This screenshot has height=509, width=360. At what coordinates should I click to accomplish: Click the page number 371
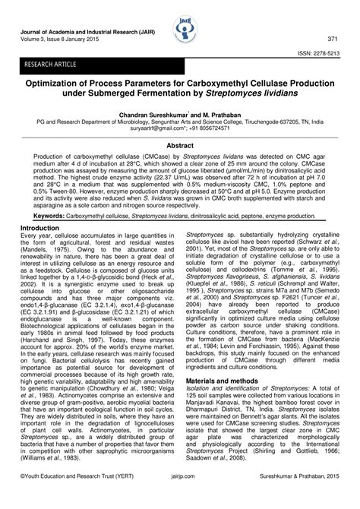pos(332,38)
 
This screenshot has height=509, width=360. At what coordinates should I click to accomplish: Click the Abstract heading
pos(180,144)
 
